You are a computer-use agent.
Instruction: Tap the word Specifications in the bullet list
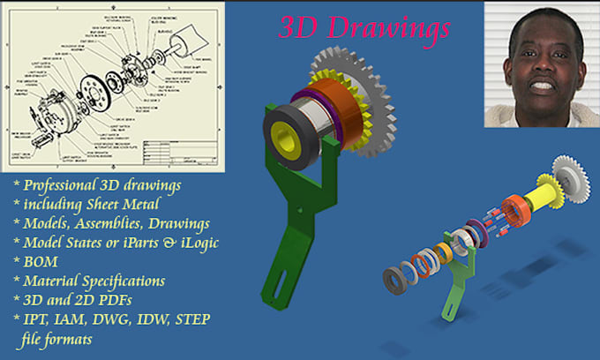(x=121, y=281)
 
